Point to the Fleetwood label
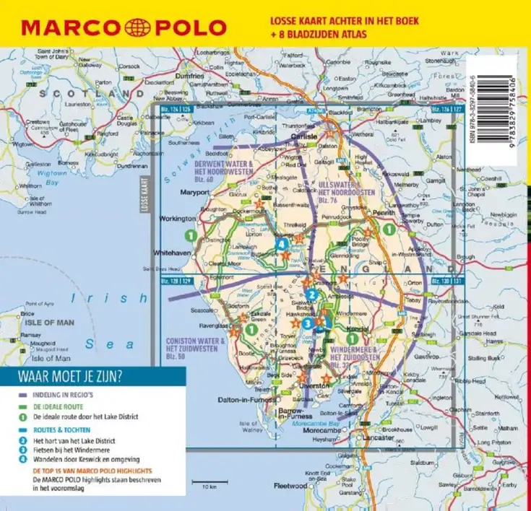pos(290,486)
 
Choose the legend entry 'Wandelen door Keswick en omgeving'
pos(86,459)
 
